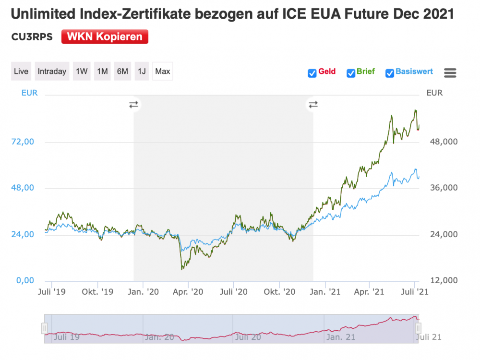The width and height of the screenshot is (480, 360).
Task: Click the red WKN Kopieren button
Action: point(105,37)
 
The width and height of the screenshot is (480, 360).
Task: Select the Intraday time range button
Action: point(52,72)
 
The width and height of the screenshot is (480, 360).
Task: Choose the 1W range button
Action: point(82,72)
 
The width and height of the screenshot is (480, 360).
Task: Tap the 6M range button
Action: point(122,72)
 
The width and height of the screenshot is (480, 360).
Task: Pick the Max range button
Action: point(163,72)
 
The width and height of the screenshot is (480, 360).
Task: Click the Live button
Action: point(21,72)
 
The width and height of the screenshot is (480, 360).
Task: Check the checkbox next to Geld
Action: point(312,73)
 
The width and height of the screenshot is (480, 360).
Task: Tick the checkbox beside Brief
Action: point(351,73)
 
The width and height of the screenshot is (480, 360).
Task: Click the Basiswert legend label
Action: point(414,72)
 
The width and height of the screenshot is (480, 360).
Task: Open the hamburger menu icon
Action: point(450,73)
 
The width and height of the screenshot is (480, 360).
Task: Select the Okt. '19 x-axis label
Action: point(97,291)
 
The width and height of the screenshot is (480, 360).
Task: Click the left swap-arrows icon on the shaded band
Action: point(133,104)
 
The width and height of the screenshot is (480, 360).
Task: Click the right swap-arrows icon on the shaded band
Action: point(313,104)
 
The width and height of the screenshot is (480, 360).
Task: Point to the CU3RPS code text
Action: point(32,37)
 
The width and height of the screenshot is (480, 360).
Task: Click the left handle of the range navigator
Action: point(45,328)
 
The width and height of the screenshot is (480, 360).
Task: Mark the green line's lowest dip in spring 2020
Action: point(182,269)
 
